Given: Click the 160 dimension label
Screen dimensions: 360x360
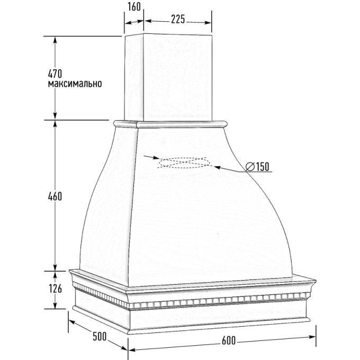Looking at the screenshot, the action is (x=134, y=7).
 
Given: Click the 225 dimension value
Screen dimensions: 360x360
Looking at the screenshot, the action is (x=178, y=19).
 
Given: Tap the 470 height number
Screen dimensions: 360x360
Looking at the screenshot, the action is (x=55, y=74).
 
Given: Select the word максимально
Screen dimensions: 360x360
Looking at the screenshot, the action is (x=75, y=84).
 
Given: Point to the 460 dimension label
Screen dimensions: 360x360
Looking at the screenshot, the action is (x=55, y=196).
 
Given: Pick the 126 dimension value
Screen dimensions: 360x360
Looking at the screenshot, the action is (x=56, y=289).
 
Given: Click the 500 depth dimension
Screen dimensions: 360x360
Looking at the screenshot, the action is (x=100, y=337).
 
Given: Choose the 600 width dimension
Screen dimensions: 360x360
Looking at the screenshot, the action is (x=229, y=340).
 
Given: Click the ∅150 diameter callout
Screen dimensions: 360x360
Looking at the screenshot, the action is (x=257, y=166).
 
